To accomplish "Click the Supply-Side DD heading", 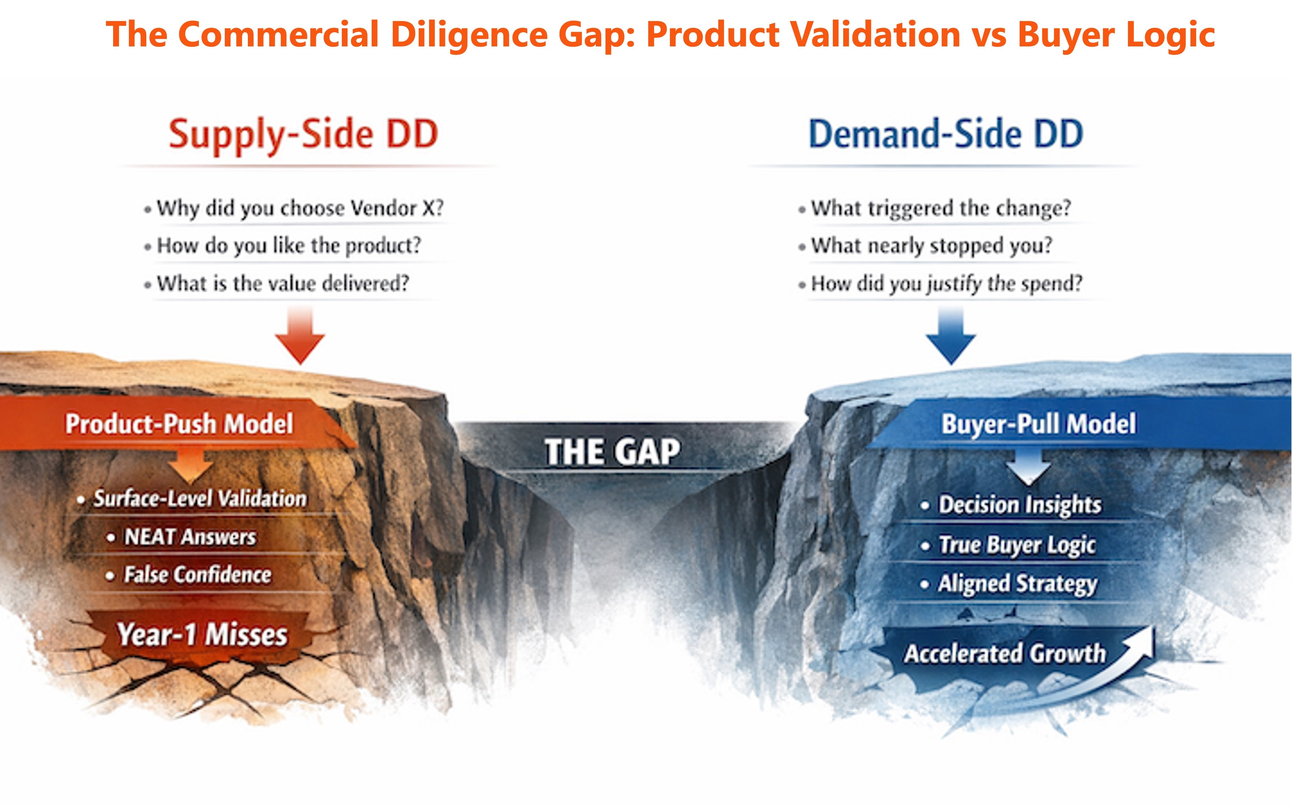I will (303, 134).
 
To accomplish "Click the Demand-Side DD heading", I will (946, 134).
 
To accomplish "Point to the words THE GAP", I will (612, 452).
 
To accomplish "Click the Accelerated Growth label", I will (1004, 654).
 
